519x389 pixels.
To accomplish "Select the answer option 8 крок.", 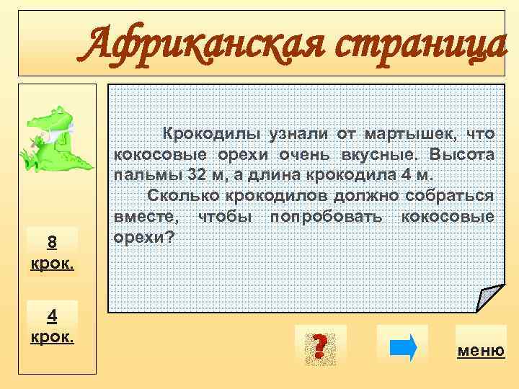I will [51, 249].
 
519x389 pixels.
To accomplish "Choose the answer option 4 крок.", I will [51, 325].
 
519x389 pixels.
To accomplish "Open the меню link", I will [481, 351].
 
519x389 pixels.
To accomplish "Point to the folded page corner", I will [489, 298].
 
